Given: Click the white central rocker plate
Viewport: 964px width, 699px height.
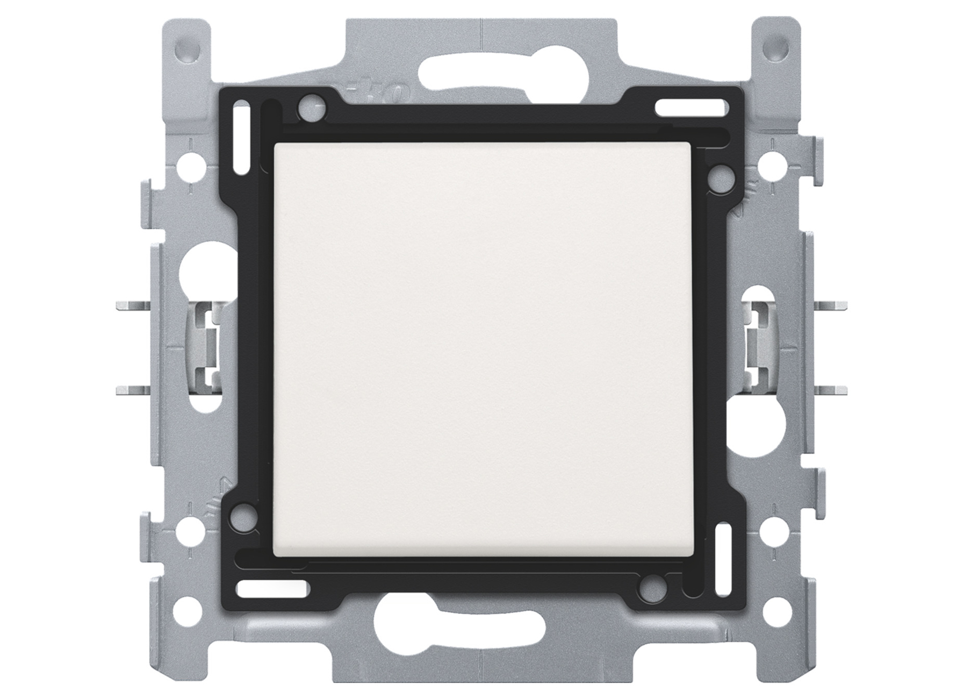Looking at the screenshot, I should point(483,349).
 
